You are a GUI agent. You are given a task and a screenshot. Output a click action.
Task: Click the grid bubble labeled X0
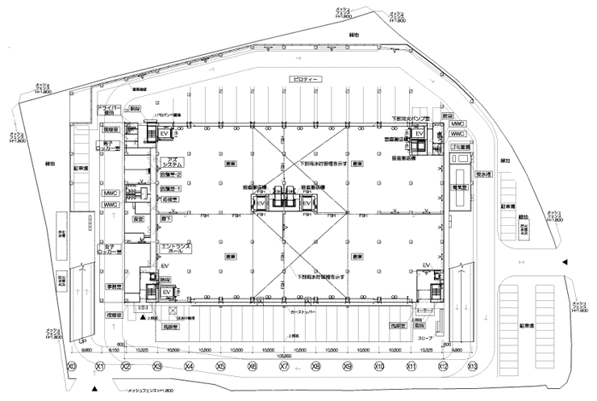click(x=71, y=366)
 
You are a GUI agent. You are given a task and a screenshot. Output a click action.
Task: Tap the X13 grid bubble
click(x=472, y=366)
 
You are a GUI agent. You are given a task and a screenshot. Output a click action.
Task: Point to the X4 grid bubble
click(x=189, y=366)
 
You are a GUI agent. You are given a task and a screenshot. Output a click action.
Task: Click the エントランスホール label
click(x=177, y=249)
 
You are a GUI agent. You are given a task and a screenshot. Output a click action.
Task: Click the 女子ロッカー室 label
click(x=111, y=248)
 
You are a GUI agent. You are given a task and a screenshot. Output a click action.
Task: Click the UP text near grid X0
click(x=81, y=342)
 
